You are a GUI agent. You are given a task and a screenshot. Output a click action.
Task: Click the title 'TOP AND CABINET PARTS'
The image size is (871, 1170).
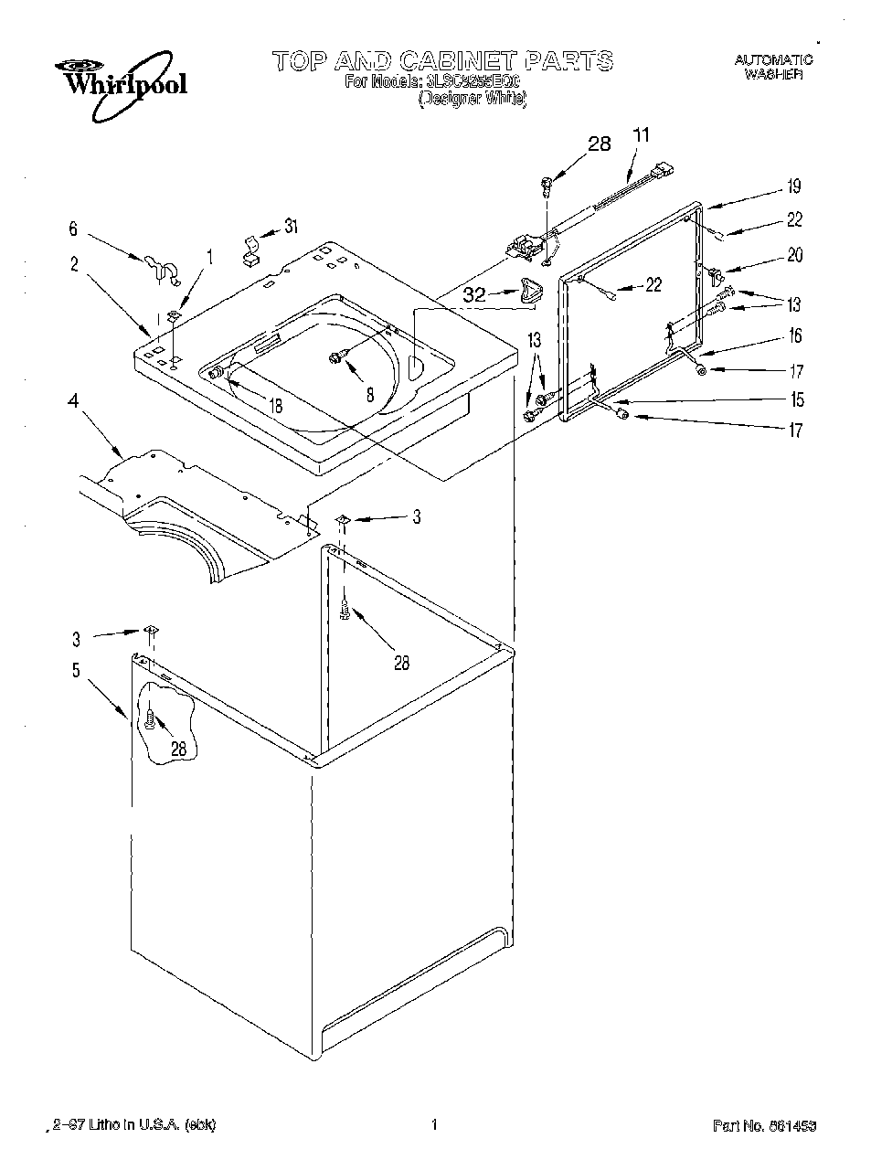coord(442,62)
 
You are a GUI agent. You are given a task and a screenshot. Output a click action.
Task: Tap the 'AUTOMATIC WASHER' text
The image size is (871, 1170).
coord(773,69)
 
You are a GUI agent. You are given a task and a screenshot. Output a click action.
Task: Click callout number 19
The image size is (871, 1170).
coord(794,186)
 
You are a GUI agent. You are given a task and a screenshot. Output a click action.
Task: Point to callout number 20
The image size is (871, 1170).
coord(794,255)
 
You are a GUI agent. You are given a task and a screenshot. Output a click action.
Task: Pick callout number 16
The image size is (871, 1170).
coord(794,336)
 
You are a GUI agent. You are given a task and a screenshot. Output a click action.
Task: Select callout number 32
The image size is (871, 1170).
coord(474,295)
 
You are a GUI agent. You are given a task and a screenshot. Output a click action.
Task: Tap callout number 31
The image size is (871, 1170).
coord(291,227)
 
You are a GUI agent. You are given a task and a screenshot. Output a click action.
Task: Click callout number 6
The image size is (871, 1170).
coord(74,230)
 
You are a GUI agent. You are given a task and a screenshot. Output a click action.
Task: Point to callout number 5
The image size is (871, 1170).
coord(76,671)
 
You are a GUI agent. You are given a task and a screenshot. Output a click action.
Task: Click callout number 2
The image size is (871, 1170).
coord(74,265)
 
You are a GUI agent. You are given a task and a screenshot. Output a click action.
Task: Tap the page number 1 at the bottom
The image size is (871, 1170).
coord(435,1124)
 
